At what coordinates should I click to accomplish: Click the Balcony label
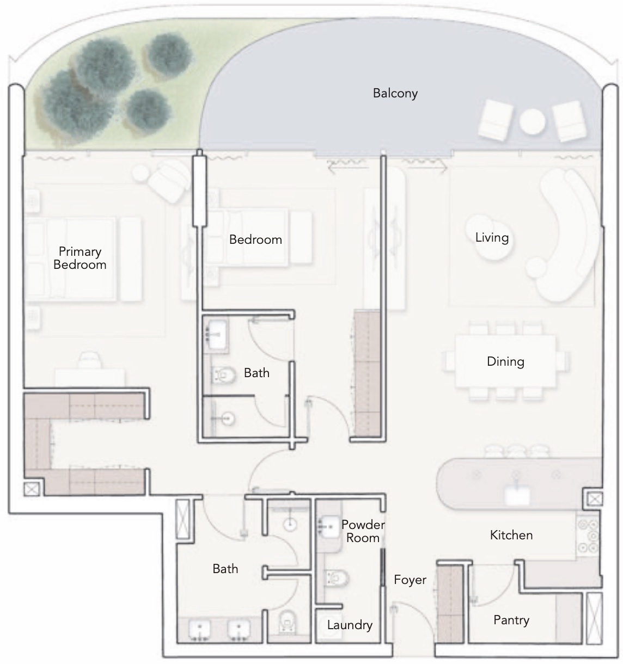395,93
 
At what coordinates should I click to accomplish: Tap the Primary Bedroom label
80,258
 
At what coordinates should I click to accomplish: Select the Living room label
492,237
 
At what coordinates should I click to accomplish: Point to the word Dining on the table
505,361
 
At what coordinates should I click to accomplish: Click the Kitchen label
511,535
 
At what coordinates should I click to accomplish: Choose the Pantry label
511,620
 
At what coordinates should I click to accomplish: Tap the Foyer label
410,580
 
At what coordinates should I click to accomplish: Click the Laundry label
349,625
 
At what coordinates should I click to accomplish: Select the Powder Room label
363,531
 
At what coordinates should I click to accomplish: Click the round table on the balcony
532,121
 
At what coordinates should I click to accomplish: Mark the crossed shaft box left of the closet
32,489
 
